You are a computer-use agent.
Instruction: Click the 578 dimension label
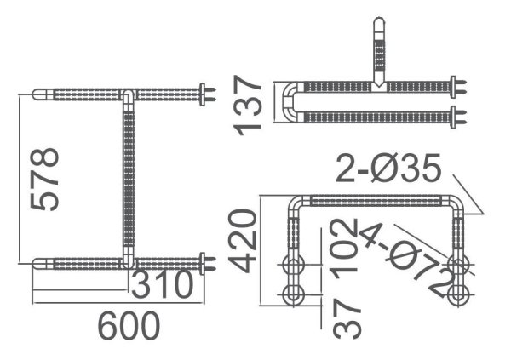(x=45, y=179)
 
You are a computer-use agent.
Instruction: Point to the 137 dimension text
(x=248, y=104)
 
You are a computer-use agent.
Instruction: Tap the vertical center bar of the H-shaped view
(x=129, y=179)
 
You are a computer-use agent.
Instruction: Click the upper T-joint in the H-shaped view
(x=127, y=93)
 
